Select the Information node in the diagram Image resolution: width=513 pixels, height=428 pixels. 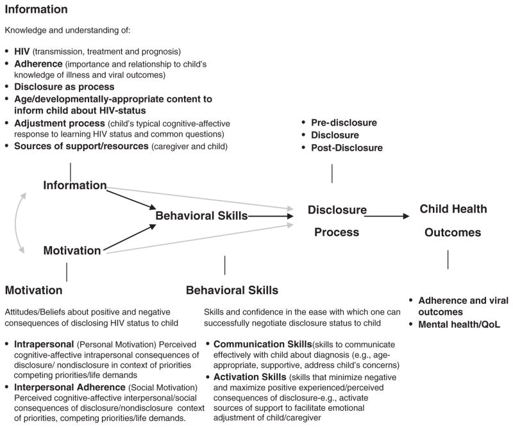point(74,185)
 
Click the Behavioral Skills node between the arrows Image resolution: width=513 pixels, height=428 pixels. point(201,216)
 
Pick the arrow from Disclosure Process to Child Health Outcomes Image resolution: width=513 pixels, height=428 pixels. point(388,217)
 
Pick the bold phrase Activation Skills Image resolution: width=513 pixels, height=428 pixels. point(251,377)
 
